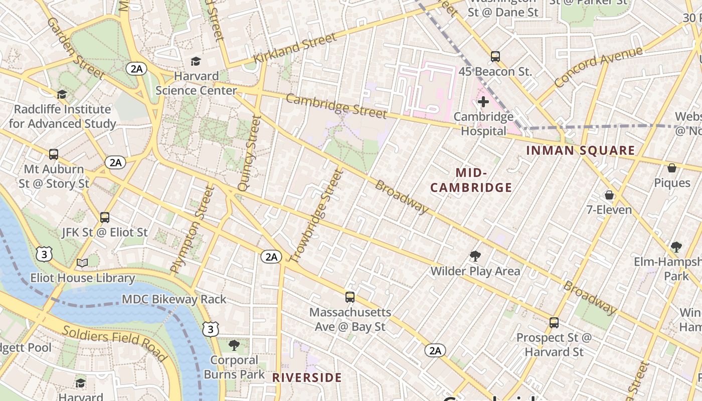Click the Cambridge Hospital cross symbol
click(x=483, y=102)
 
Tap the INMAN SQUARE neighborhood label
click(x=580, y=150)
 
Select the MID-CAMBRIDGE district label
click(x=471, y=180)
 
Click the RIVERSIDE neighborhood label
click(x=307, y=377)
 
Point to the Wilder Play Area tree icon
click(x=475, y=257)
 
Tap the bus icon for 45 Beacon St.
click(x=495, y=57)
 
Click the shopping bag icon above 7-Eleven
click(x=609, y=194)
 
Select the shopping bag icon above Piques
click(x=672, y=168)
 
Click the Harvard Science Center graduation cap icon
click(x=196, y=62)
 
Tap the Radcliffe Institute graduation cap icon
click(x=62, y=94)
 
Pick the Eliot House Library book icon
click(x=82, y=263)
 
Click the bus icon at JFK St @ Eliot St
click(x=105, y=218)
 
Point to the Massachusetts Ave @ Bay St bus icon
click(x=350, y=297)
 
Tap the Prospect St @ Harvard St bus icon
click(x=554, y=323)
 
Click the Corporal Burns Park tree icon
click(x=234, y=345)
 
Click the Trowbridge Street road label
click(x=317, y=216)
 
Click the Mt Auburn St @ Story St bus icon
click(x=54, y=154)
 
